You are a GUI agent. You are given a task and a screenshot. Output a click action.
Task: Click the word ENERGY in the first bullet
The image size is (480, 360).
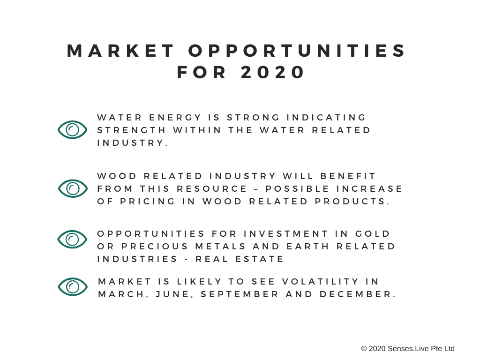click(x=175, y=118)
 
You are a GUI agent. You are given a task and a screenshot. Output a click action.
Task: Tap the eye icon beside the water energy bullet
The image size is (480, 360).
click(x=73, y=129)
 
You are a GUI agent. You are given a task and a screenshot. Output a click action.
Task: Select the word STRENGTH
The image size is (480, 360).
click(x=131, y=130)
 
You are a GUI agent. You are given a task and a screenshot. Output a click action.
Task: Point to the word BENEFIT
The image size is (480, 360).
click(x=348, y=176)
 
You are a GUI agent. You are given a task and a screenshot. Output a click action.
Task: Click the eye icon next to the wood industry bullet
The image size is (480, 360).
click(x=73, y=188)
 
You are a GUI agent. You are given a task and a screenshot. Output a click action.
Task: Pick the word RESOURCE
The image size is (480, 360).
click(x=212, y=189)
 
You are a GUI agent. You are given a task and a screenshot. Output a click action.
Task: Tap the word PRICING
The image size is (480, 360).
click(x=148, y=202)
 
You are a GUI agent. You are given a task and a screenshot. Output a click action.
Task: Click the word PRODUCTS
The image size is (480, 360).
click(x=352, y=202)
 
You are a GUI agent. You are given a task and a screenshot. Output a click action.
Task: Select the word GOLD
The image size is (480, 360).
click(x=372, y=234)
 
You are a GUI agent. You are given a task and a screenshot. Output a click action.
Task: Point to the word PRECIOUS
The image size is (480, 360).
click(x=155, y=247)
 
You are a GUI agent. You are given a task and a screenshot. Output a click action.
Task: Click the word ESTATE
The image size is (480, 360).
click(x=260, y=259)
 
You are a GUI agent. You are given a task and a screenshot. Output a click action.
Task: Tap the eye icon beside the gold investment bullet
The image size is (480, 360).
click(x=72, y=239)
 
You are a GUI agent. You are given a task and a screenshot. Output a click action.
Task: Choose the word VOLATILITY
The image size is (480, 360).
click(x=320, y=282)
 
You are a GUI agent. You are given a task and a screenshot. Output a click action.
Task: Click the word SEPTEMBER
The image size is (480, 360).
click(x=240, y=294)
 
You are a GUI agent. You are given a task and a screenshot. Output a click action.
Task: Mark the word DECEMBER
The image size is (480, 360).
click(x=356, y=294)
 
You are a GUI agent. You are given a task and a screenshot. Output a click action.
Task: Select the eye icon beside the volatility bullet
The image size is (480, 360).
click(x=73, y=287)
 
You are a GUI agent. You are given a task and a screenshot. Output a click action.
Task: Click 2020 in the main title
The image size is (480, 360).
click(x=272, y=73)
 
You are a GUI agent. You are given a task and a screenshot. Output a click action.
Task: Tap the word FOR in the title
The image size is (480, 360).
click(x=202, y=73)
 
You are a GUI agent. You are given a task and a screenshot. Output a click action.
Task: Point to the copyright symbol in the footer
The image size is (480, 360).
click(x=364, y=349)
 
